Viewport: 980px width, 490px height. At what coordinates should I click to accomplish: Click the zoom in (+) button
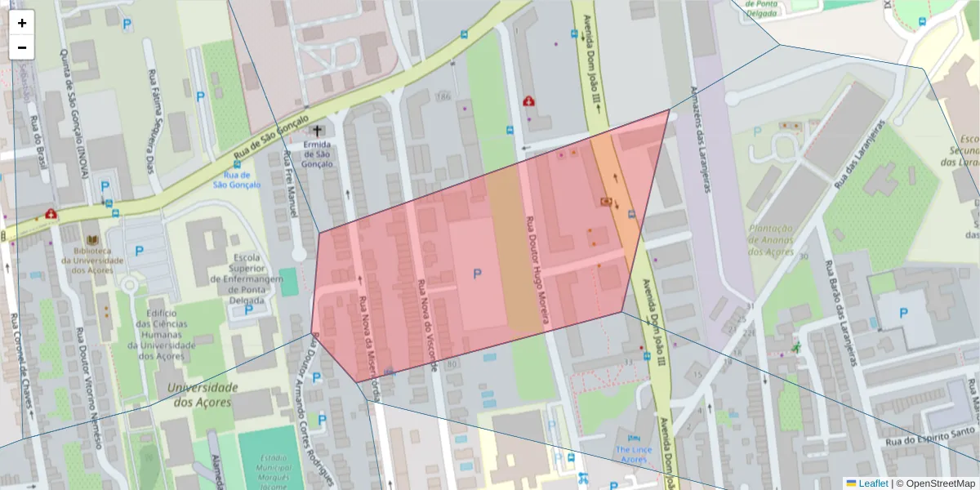click(x=22, y=23)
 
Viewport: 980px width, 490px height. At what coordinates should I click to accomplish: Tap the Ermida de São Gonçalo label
click(x=317, y=154)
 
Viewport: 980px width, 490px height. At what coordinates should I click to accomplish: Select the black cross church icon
click(x=317, y=131)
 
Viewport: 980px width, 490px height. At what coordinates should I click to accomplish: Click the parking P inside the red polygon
click(x=477, y=274)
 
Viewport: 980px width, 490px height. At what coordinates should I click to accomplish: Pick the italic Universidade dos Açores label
click(x=203, y=394)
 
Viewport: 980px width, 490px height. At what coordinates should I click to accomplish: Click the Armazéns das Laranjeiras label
click(x=700, y=140)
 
